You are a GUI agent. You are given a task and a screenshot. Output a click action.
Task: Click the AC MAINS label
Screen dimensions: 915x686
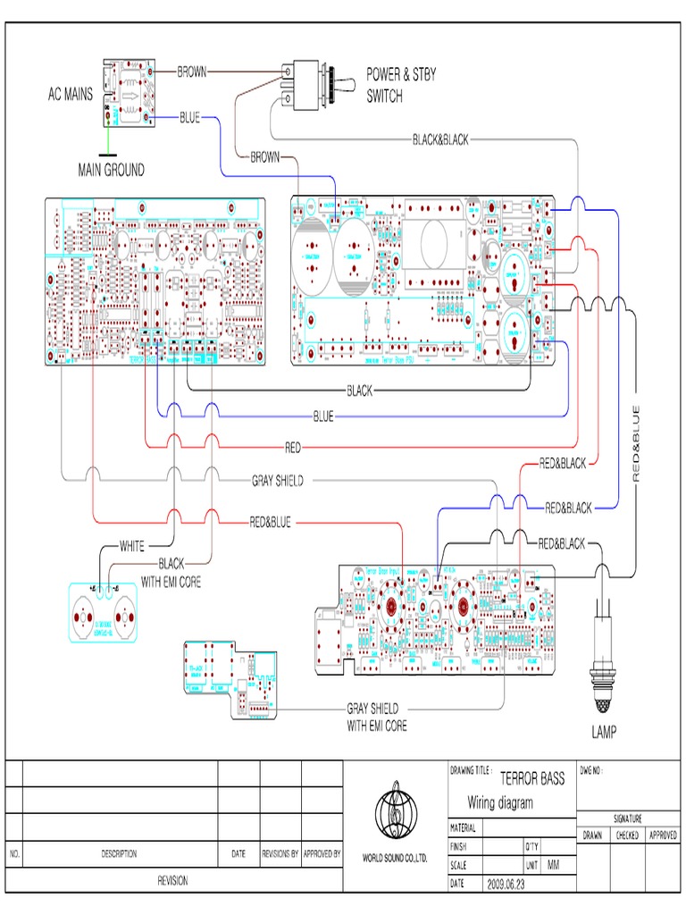pos(70,94)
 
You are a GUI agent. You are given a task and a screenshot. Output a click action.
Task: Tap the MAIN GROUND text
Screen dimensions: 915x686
pos(111,170)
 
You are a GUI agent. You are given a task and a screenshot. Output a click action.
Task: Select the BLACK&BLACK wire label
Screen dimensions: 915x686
pos(439,140)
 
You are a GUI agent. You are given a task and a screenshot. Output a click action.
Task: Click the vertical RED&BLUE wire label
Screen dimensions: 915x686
pos(636,444)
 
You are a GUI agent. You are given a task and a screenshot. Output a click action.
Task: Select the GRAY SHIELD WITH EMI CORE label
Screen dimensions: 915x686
pos(376,718)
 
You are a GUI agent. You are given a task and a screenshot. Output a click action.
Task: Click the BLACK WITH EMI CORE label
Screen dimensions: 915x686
pos(171,573)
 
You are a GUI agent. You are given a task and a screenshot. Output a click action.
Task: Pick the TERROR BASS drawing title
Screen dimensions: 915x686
pos(532,779)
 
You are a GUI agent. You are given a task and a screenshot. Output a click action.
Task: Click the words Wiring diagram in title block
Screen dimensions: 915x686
pos(500,802)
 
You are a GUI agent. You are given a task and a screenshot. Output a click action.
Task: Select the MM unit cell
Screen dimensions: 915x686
pos(555,865)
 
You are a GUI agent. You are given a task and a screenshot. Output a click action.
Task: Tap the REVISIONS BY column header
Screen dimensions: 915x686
pos(280,854)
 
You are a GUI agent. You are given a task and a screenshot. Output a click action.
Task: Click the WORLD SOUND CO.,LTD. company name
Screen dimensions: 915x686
pos(394,858)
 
